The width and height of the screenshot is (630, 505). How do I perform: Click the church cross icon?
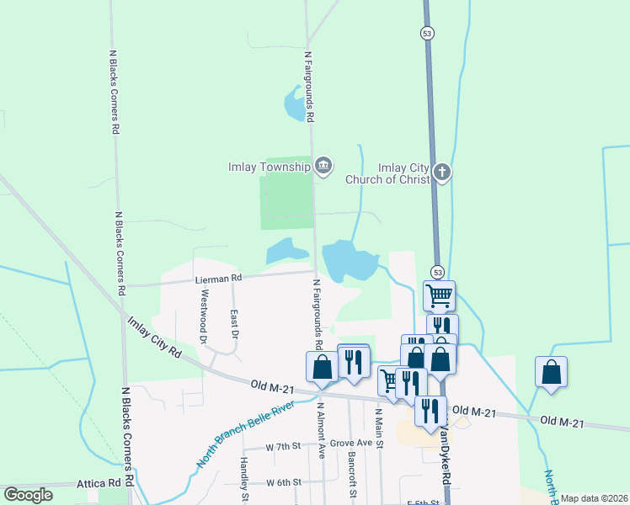click(x=442, y=173)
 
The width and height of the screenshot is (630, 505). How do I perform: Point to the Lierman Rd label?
click(x=218, y=278)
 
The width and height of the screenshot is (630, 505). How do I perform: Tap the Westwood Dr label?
click(x=204, y=316)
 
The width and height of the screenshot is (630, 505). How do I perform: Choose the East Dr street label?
click(x=236, y=324)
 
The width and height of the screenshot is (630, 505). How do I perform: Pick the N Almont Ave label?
click(x=322, y=429)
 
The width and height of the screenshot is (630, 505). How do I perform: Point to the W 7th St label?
click(x=283, y=446)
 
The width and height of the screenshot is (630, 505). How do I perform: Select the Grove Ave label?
click(x=351, y=443)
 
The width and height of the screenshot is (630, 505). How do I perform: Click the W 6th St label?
click(x=284, y=482)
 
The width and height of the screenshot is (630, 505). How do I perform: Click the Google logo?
click(x=28, y=495)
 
